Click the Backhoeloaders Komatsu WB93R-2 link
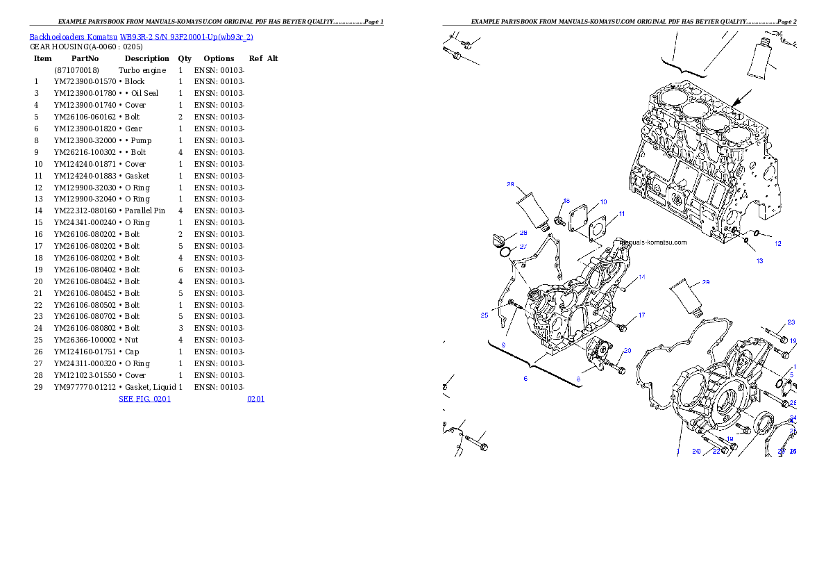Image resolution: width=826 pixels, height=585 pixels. pyautogui.click(x=141, y=37)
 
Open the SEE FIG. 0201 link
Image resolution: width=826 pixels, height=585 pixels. pyautogui.click(x=144, y=399)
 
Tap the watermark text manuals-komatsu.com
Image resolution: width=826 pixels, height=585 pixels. pyautogui.click(x=652, y=242)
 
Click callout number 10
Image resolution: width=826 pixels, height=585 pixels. pyautogui.click(x=603, y=202)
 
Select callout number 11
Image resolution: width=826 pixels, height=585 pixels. pyautogui.click(x=622, y=214)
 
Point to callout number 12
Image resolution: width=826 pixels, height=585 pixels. pyautogui.click(x=778, y=244)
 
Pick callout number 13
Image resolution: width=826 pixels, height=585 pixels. pyautogui.click(x=759, y=261)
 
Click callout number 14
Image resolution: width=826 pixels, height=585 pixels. pyautogui.click(x=642, y=277)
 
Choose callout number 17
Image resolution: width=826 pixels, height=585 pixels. pyautogui.click(x=641, y=315)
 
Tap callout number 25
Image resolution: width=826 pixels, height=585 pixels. pyautogui.click(x=484, y=315)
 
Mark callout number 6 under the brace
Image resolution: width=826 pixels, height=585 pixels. pyautogui.click(x=525, y=379)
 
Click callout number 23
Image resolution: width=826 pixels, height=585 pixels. pyautogui.click(x=791, y=322)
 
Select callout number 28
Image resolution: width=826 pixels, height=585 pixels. pyautogui.click(x=523, y=233)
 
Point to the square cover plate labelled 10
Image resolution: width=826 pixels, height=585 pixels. pyautogui.click(x=578, y=216)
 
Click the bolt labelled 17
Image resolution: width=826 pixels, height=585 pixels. pyautogui.click(x=622, y=327)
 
